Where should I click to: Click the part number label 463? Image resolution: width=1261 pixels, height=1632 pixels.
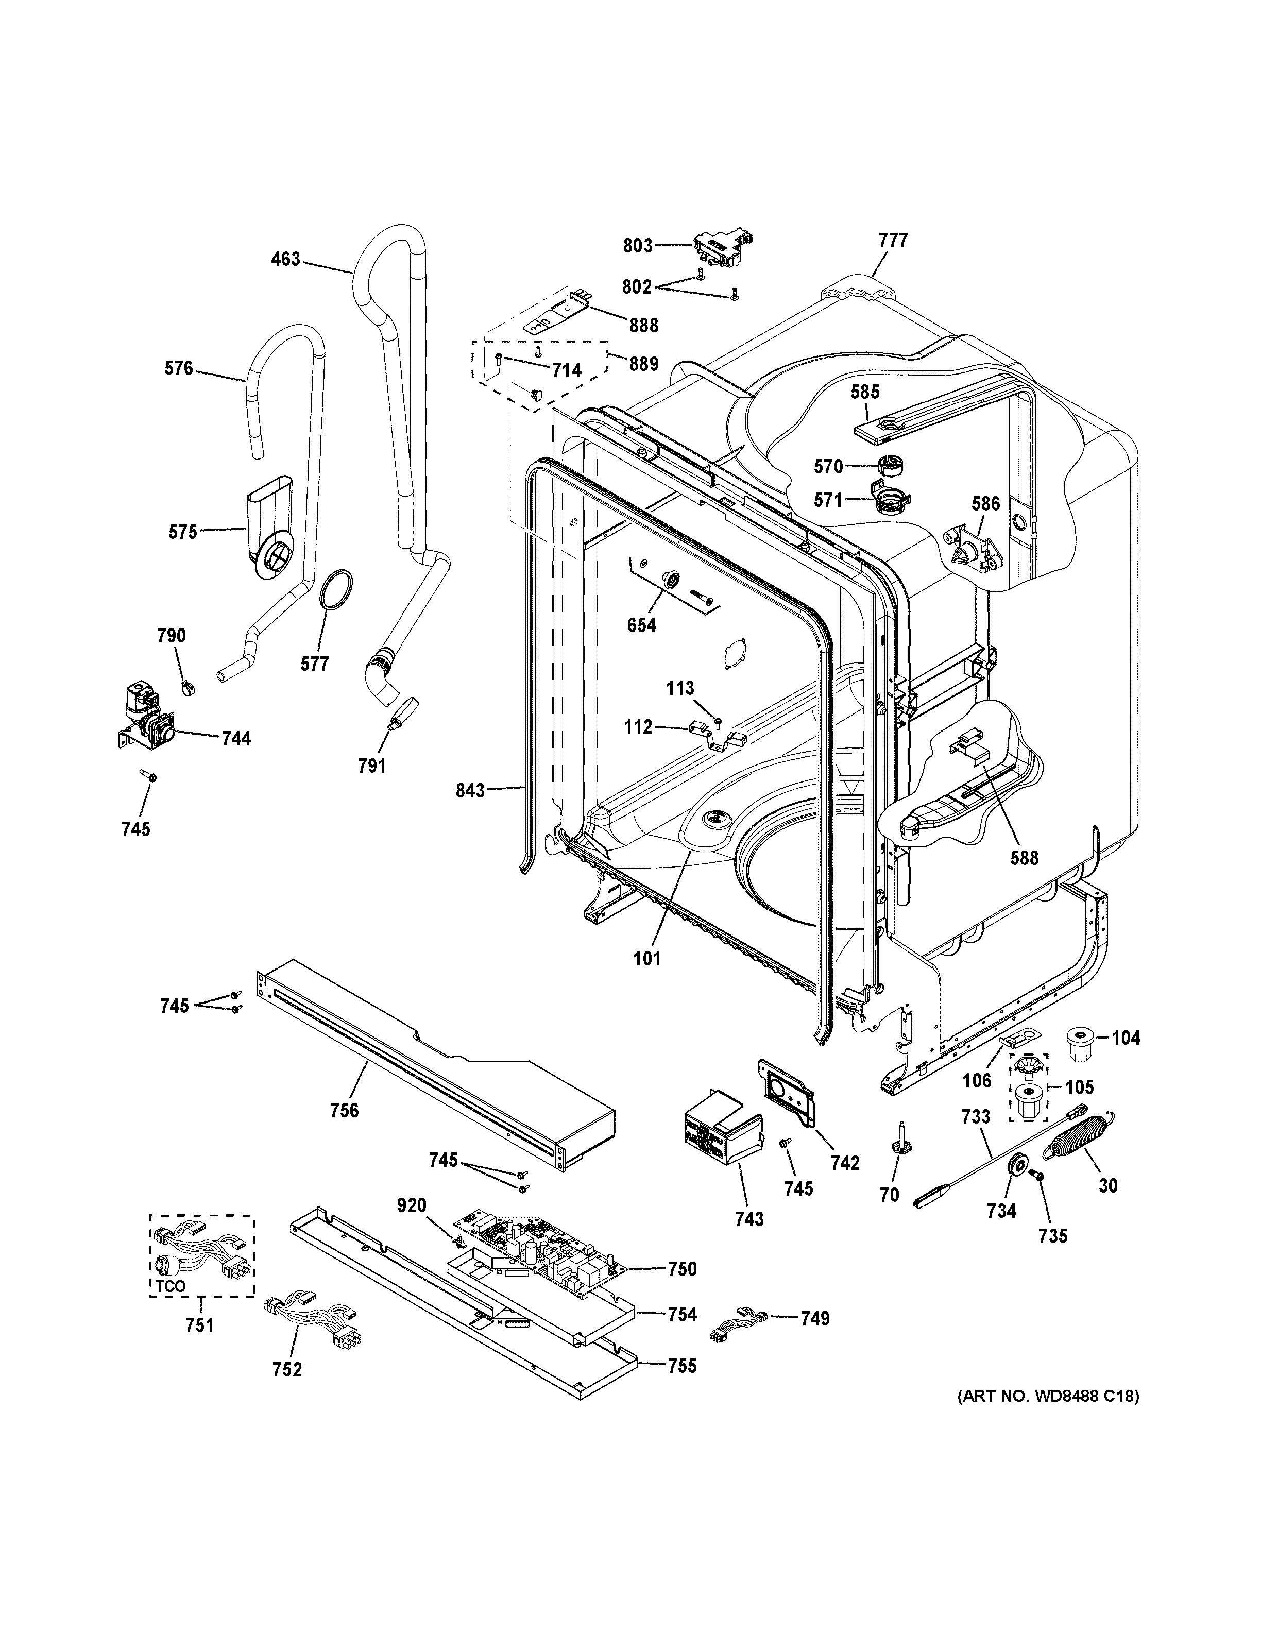click(x=285, y=259)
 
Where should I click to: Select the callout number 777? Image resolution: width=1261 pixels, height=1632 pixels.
click(x=893, y=241)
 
